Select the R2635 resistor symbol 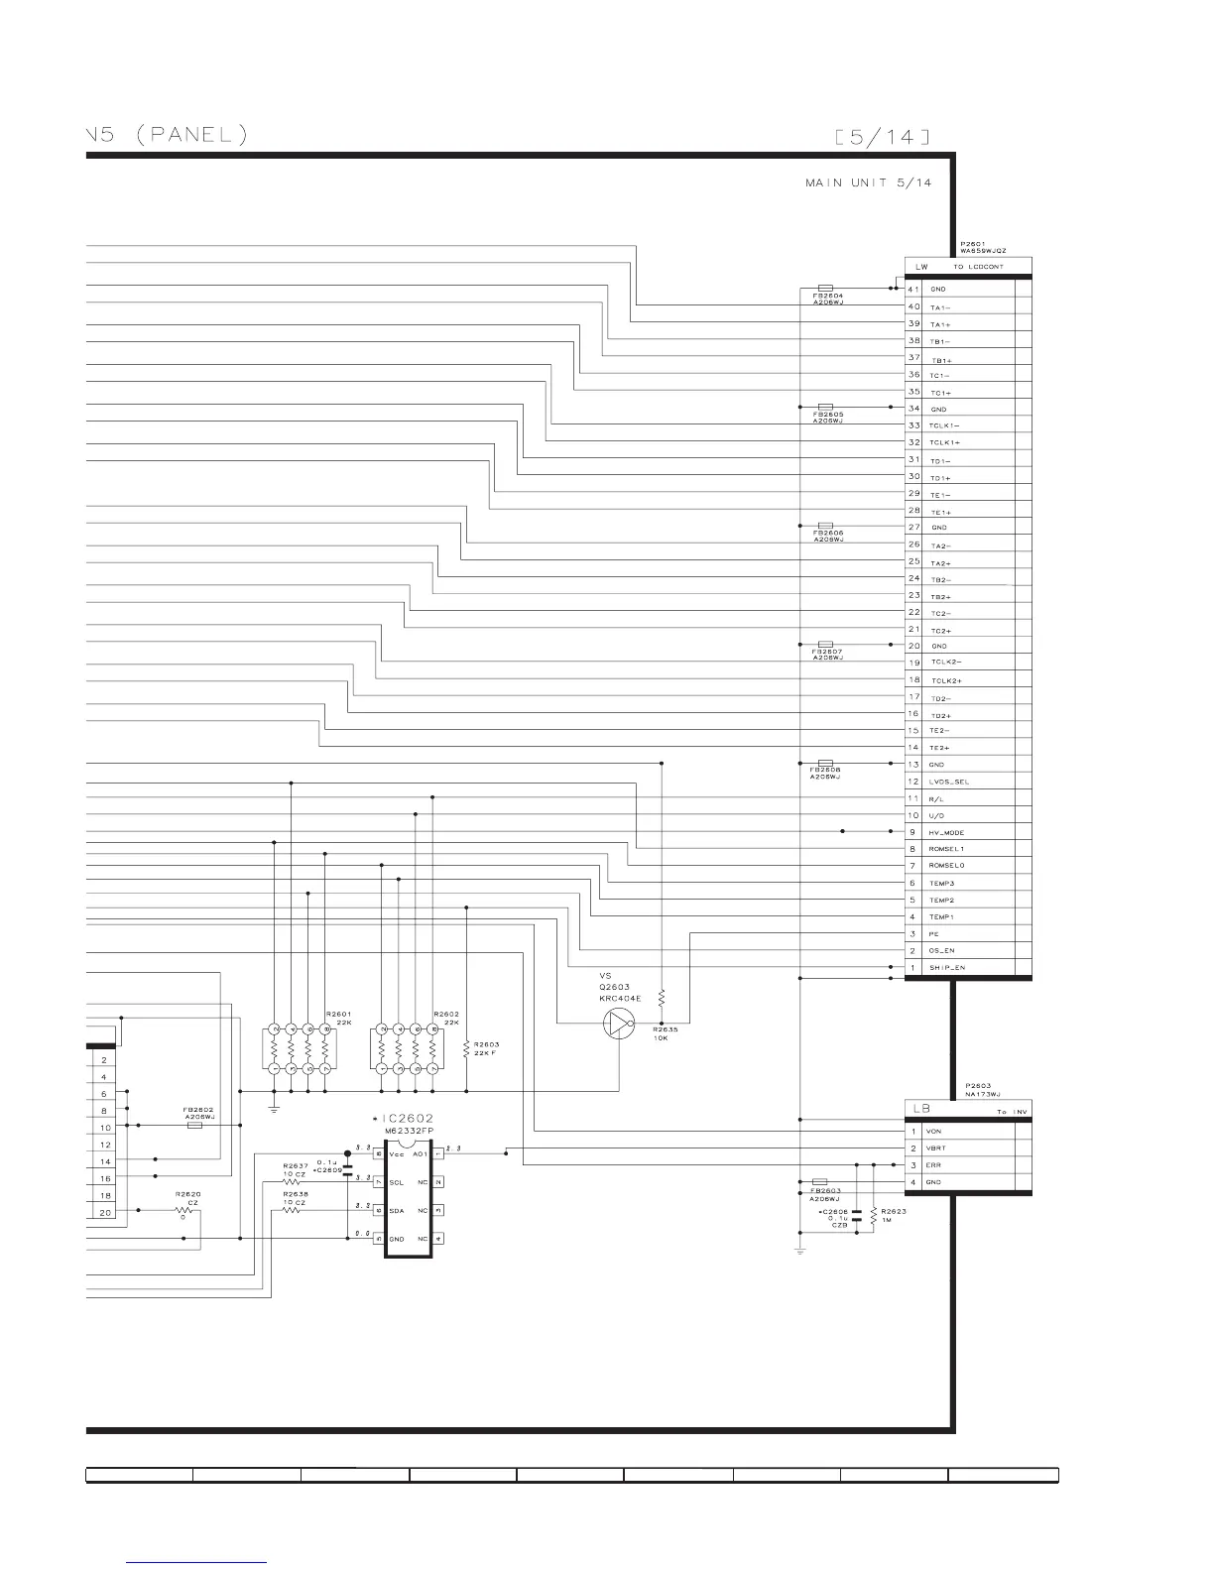point(662,997)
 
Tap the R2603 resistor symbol point(466,1047)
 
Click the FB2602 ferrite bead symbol point(195,1126)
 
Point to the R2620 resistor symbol point(182,1210)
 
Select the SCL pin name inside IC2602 point(396,1182)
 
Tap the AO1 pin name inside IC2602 point(421,1154)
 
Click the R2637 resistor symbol point(293,1182)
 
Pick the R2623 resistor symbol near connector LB point(873,1215)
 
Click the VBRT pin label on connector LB point(935,1148)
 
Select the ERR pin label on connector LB point(932,1165)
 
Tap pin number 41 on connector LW point(913,289)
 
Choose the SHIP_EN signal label point(946,967)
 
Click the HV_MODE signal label point(946,833)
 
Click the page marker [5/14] point(883,137)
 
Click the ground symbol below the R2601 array point(274,1107)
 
